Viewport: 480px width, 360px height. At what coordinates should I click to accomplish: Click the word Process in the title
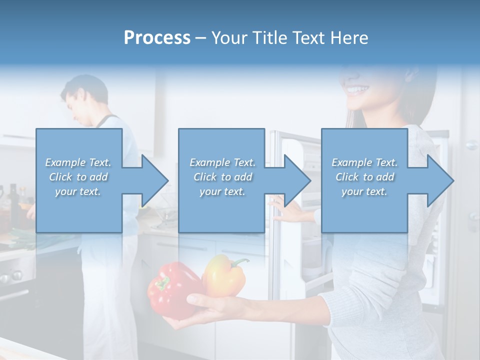(x=157, y=37)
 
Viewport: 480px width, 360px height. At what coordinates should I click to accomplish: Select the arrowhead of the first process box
(x=153, y=180)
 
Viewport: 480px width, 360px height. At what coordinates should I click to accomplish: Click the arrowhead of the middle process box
(x=295, y=180)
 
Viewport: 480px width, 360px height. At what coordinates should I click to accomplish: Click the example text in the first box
(x=78, y=177)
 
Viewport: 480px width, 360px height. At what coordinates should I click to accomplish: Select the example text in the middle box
(x=222, y=177)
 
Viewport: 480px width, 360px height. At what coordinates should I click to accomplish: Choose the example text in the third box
(x=364, y=177)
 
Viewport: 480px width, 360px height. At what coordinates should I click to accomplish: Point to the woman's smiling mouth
(x=358, y=90)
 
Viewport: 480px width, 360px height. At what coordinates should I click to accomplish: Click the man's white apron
(x=107, y=290)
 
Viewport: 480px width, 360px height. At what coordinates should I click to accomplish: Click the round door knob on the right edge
(x=471, y=145)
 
